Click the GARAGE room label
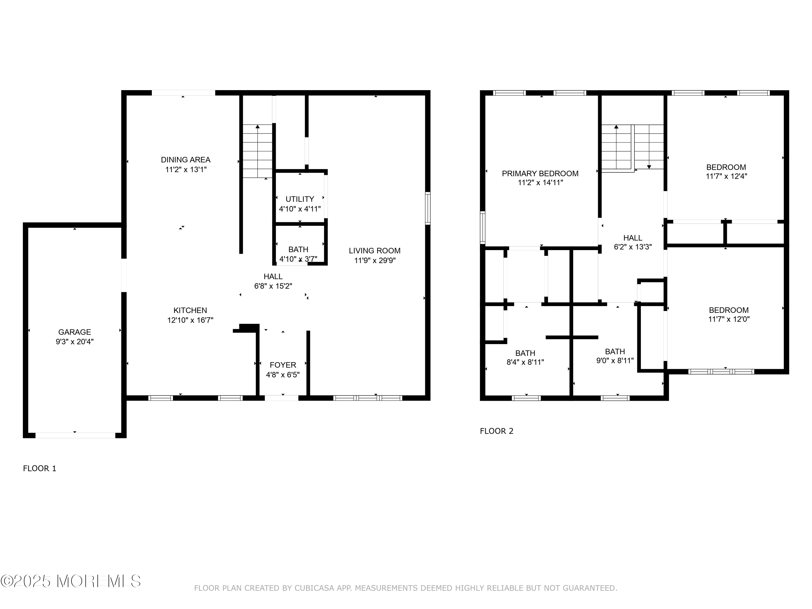click(74, 332)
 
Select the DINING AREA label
click(185, 160)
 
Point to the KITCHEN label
click(190, 310)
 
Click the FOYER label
click(283, 365)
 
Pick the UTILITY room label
click(300, 199)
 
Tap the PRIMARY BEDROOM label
click(540, 173)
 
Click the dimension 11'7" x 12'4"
click(726, 176)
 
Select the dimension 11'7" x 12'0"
click(729, 319)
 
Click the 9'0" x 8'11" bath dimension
click(615, 361)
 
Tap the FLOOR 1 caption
click(40, 469)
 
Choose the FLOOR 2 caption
click(496, 431)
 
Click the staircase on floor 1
click(257, 151)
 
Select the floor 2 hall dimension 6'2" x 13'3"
click(633, 247)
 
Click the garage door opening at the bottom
click(75, 435)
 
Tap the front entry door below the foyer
click(281, 398)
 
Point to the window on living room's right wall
click(428, 208)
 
